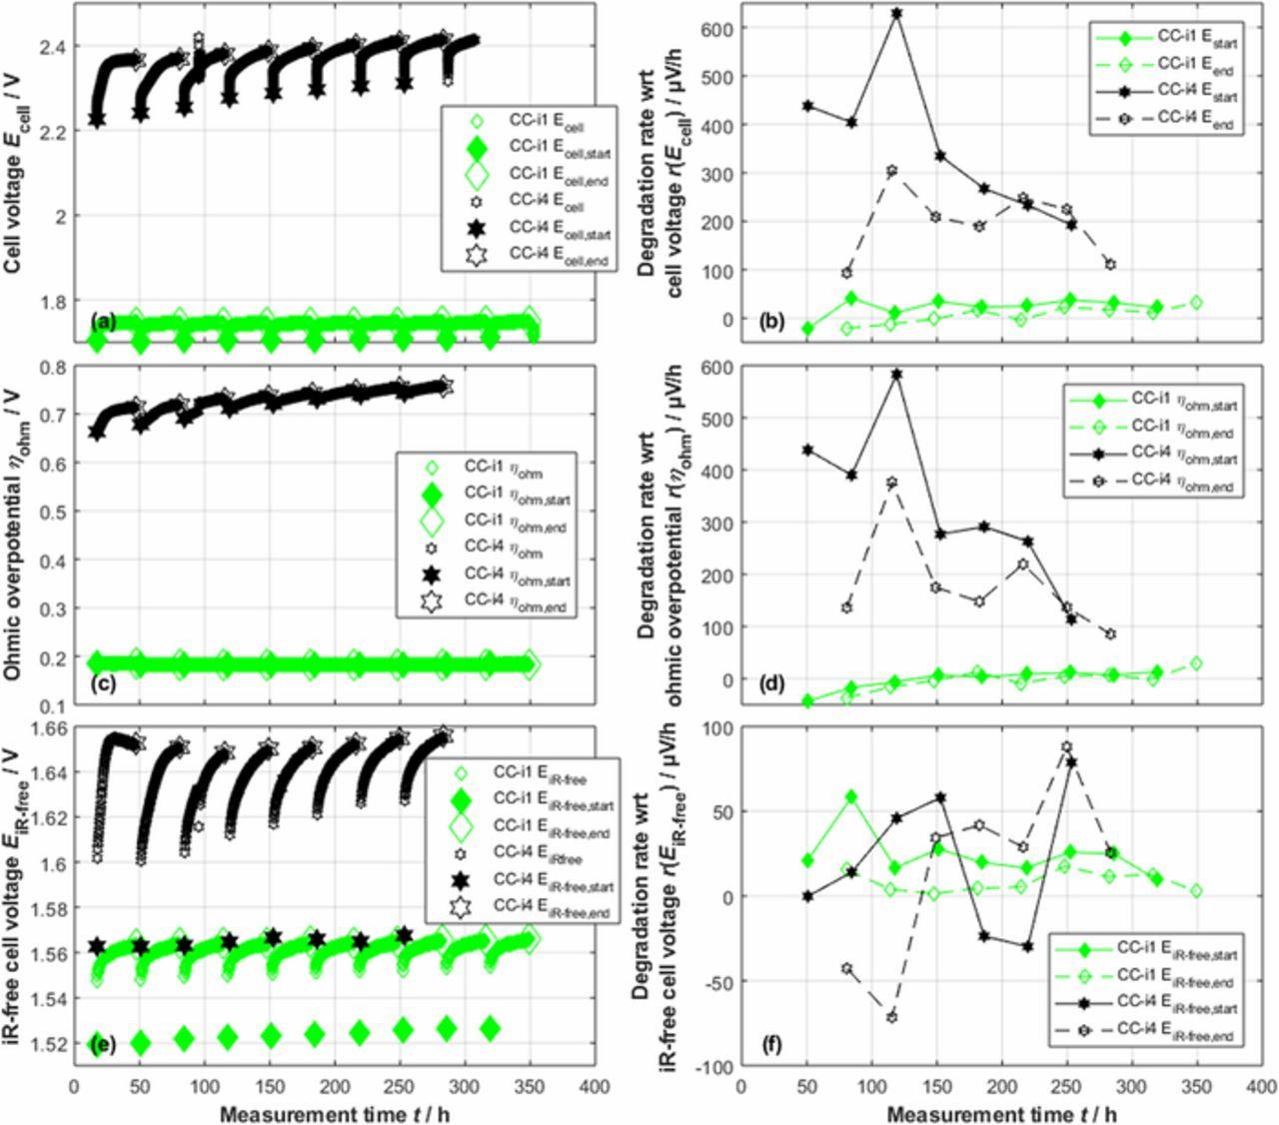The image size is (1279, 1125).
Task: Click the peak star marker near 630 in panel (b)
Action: [x=896, y=14]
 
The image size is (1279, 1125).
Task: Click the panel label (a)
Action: [x=104, y=321]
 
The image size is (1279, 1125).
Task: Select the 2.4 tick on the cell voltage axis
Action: [x=51, y=47]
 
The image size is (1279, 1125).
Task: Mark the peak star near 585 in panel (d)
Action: [x=896, y=375]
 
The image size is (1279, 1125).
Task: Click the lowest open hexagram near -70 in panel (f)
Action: [x=890, y=1017]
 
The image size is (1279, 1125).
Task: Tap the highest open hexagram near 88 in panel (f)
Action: [x=1066, y=747]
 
